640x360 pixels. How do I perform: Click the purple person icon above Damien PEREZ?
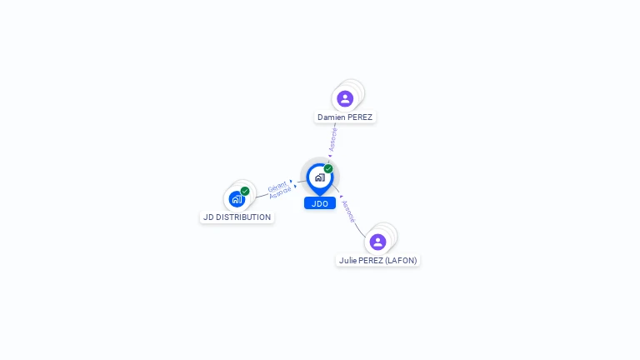pos(345,99)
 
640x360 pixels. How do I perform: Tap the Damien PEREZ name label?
pos(345,117)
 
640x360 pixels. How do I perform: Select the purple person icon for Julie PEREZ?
pos(377,242)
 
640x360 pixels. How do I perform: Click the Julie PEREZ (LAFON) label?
pos(377,260)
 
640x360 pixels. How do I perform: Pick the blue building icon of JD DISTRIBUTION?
pos(237,199)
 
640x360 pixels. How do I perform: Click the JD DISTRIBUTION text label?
pos(237,217)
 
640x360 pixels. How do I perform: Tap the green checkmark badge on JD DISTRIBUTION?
pos(245,191)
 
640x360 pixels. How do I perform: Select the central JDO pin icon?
pos(319,177)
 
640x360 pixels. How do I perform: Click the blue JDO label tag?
pos(319,203)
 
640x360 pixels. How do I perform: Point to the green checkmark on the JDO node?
pos(328,168)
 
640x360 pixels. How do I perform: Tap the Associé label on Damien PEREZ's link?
pos(333,139)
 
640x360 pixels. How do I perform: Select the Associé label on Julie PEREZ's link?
pos(348,211)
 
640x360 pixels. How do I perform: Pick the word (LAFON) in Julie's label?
pos(400,260)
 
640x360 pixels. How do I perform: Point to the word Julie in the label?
pos(347,260)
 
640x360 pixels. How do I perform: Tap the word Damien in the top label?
pos(331,117)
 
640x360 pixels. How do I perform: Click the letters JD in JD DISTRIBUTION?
pos(207,217)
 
